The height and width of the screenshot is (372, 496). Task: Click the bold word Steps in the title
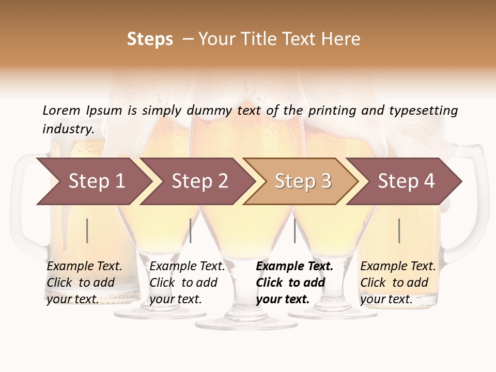coord(150,39)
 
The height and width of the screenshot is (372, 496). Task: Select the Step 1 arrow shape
coord(93,181)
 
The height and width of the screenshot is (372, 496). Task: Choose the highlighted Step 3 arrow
coord(302,181)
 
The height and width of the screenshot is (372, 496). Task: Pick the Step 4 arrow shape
coord(406,181)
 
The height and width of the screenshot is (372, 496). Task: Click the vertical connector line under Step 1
coord(87,230)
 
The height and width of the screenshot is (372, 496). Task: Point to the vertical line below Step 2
coord(191,230)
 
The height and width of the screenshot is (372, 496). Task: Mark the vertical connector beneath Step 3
coord(295,230)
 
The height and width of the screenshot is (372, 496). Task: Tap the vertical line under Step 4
coord(399,230)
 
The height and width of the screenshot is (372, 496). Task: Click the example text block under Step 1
coord(84,283)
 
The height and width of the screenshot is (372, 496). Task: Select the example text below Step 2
coord(187,283)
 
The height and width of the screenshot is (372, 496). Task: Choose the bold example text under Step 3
coord(294,283)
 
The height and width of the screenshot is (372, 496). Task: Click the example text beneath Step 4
coord(398,283)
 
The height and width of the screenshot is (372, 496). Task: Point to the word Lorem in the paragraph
coord(61,111)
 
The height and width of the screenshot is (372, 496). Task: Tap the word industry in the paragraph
coord(68,129)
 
